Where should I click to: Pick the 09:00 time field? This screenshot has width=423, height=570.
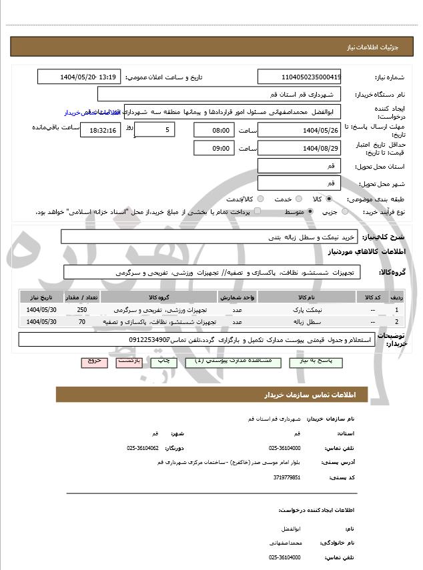(214, 148)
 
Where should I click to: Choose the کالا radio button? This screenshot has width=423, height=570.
(329, 199)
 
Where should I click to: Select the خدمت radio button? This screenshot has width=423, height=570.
(298, 199)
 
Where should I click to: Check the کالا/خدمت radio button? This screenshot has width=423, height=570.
(260, 199)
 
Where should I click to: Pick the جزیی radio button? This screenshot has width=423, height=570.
(344, 211)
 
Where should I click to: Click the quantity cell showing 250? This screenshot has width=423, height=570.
(82, 310)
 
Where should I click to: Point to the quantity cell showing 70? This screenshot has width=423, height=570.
(82, 322)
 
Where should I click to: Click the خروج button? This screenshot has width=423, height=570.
(93, 361)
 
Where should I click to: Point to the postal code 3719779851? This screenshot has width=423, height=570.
(287, 477)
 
